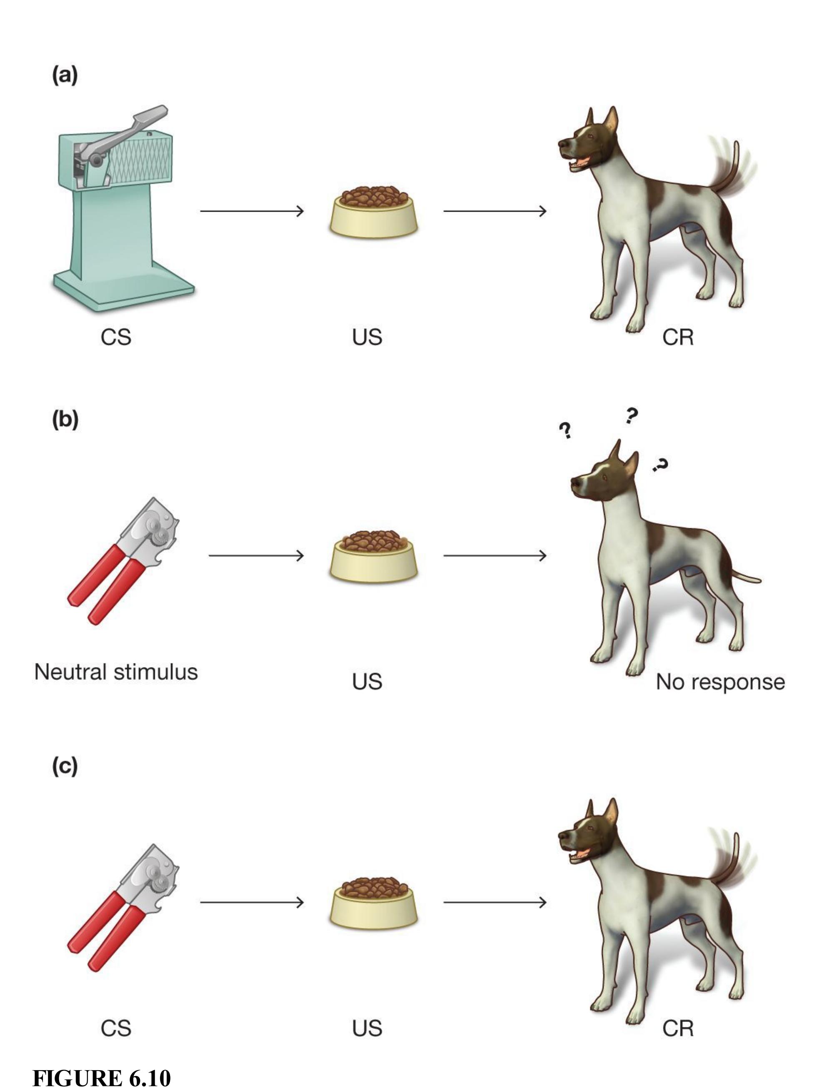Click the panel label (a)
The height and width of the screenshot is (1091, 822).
click(x=65, y=76)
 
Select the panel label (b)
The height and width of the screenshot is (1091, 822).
click(x=65, y=420)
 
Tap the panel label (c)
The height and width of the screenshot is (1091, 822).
click(x=65, y=766)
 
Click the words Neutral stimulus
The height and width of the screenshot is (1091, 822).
click(x=116, y=672)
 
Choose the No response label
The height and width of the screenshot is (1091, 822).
click(x=720, y=682)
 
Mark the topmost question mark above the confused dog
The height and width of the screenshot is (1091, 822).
click(x=631, y=416)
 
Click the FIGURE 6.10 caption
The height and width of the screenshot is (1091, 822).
click(x=102, y=1078)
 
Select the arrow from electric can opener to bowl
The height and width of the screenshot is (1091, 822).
click(x=252, y=211)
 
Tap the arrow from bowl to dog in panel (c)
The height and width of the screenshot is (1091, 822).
click(x=494, y=902)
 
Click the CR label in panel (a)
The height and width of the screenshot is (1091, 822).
click(x=677, y=337)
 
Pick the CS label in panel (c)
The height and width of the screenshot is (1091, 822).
click(x=116, y=1029)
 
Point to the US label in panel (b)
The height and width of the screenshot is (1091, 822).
click(x=366, y=682)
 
